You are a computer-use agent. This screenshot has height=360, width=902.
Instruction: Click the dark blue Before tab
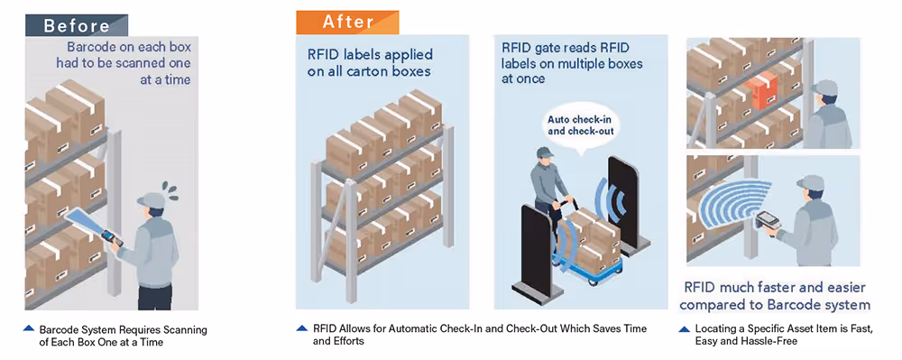(77, 25)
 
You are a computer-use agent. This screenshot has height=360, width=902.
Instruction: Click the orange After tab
(347, 23)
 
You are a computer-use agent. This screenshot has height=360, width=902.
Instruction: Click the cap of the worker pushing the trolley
(544, 153)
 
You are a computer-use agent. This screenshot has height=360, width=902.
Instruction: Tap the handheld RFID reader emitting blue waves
(768, 219)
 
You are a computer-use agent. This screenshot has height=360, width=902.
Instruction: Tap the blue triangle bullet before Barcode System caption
(29, 329)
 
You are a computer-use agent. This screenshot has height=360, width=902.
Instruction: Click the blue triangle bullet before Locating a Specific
(685, 329)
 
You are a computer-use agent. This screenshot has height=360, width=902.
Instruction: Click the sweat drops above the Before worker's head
(170, 189)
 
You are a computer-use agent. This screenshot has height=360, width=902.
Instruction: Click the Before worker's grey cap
(152, 200)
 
